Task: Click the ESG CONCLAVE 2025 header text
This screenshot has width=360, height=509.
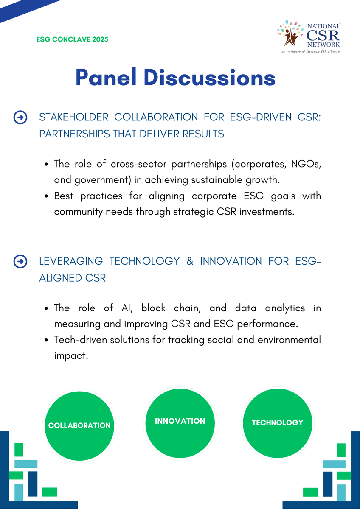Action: click(x=72, y=39)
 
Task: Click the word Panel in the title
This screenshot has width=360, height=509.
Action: click(x=105, y=78)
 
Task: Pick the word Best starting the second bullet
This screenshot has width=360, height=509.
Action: click(x=64, y=196)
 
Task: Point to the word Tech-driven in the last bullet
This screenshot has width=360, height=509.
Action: click(x=78, y=340)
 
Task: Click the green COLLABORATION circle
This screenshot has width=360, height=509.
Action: click(x=79, y=425)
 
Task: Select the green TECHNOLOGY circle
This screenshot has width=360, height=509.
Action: click(x=277, y=422)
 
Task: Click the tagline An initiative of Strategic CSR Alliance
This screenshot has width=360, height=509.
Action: click(x=310, y=51)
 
